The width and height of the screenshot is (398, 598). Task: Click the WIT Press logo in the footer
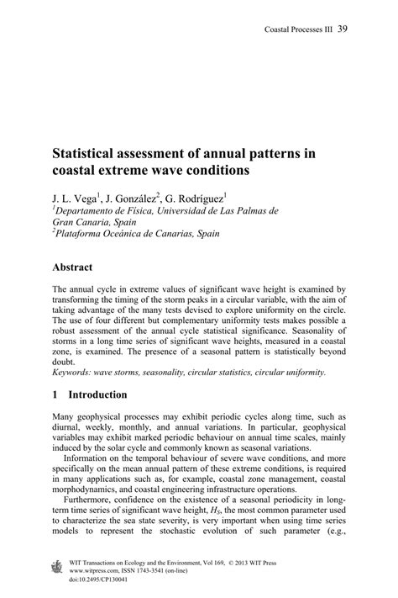[x=58, y=567]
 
